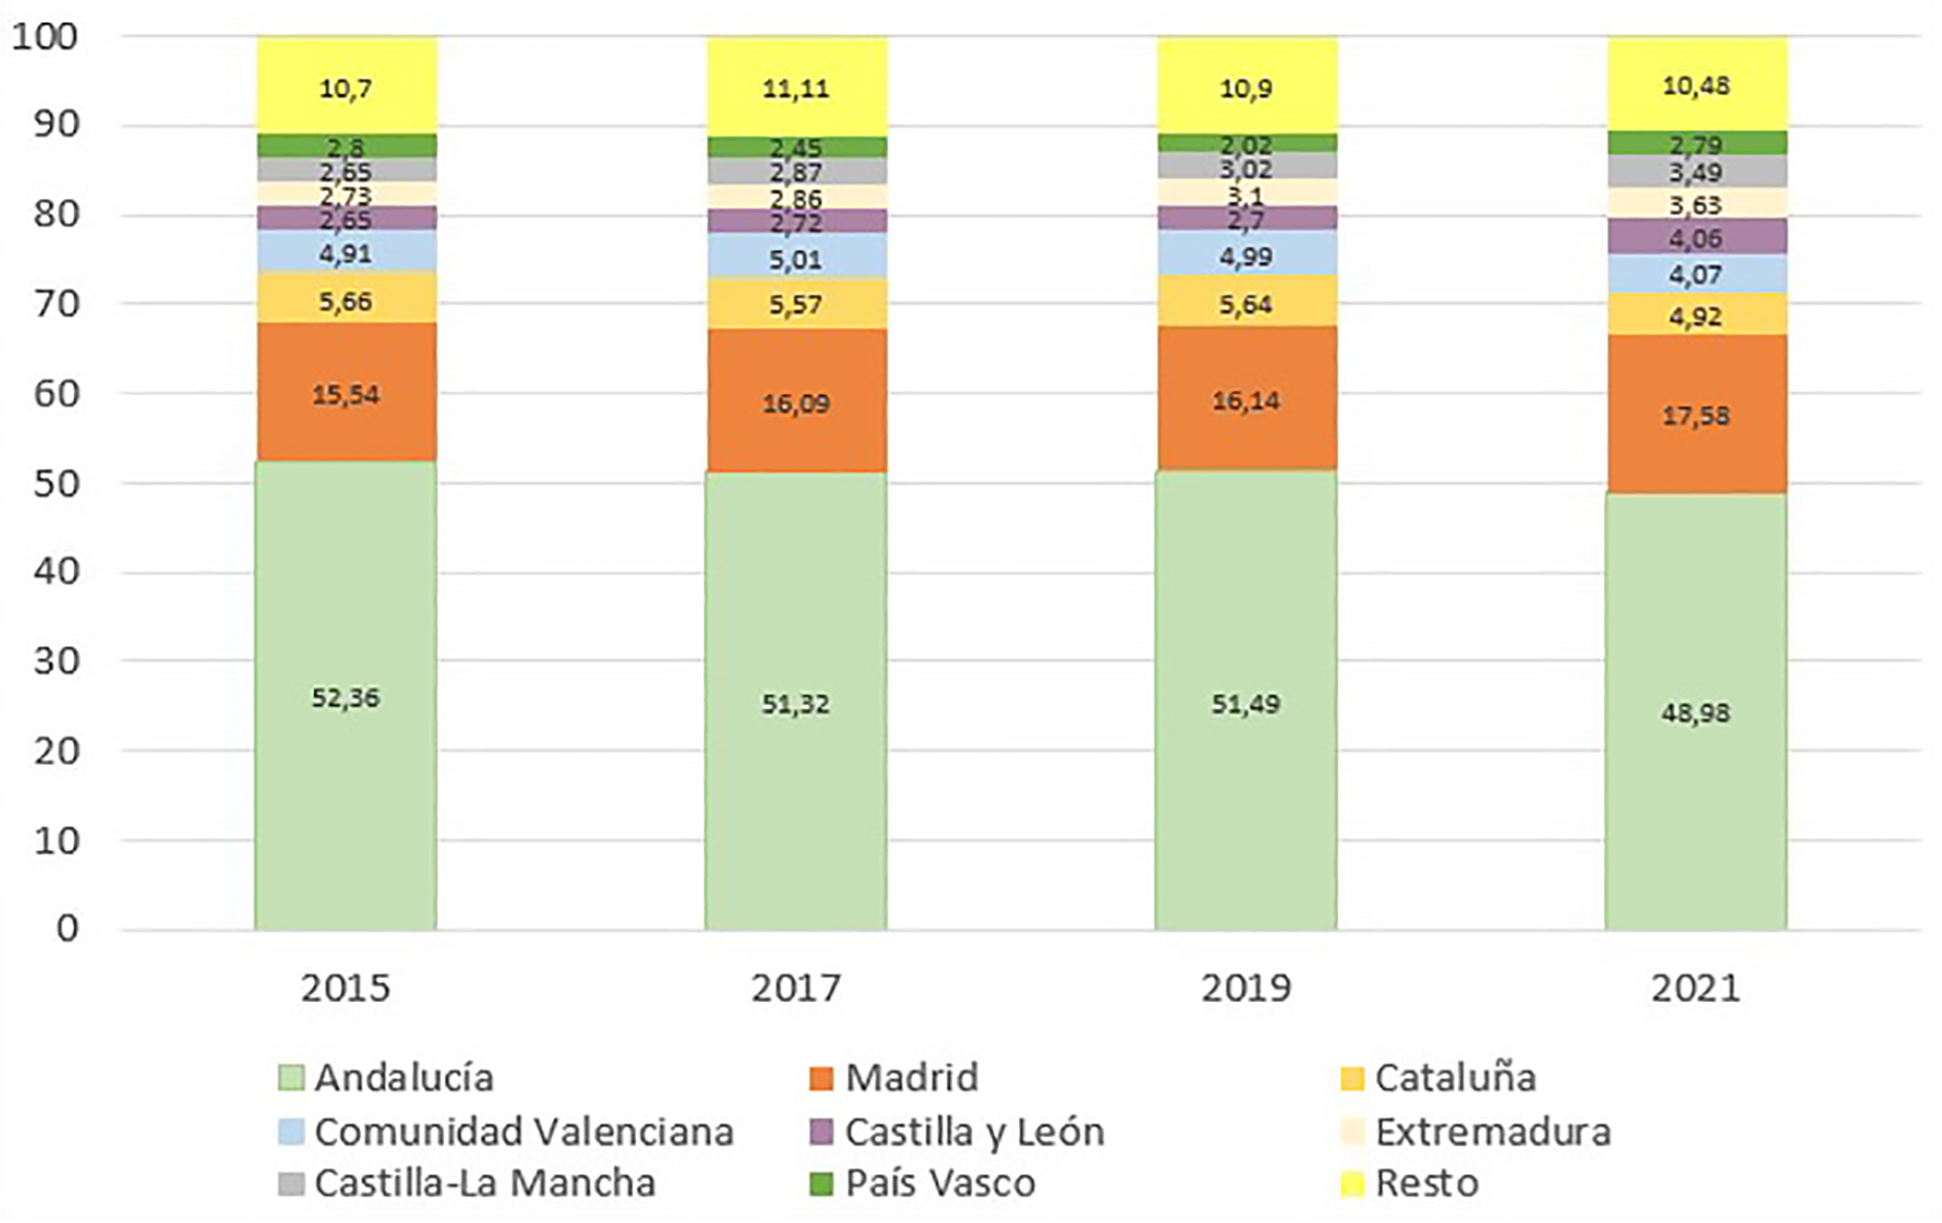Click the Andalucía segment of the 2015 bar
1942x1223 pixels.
point(345,696)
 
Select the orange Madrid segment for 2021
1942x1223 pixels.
point(1695,414)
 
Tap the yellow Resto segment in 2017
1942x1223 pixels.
point(795,87)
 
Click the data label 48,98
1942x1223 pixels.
point(1695,713)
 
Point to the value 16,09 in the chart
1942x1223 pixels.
point(795,403)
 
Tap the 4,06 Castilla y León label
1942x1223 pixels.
point(1695,237)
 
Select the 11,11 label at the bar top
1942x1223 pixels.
point(795,88)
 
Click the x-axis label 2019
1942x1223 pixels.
point(1246,988)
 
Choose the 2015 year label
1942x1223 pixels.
point(345,988)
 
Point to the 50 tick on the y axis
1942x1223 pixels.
point(56,483)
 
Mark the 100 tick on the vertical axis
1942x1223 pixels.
point(44,37)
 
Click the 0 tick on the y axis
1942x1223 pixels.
point(67,928)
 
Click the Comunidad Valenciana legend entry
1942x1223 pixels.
point(523,1131)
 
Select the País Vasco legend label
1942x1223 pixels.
point(939,1183)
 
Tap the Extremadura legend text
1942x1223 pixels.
point(1492,1131)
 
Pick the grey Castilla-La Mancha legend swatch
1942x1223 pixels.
point(290,1184)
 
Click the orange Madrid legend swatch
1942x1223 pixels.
point(821,1078)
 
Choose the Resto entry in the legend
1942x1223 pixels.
point(1426,1183)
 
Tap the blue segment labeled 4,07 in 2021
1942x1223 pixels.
point(1695,275)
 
